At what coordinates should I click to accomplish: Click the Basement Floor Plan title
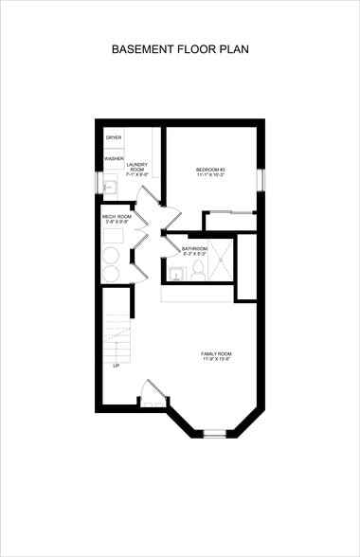point(180,48)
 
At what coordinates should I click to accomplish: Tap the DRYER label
point(114,138)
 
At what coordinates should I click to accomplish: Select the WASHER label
point(114,158)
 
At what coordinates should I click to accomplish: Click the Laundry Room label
point(137,170)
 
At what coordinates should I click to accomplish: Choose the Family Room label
point(216,358)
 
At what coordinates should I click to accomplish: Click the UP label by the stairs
point(117,365)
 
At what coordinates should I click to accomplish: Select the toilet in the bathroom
point(199,271)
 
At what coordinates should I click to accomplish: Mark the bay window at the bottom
point(215,433)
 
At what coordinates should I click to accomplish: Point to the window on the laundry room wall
point(98,182)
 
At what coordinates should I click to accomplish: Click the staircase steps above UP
point(116,332)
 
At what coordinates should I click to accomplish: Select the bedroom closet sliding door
point(230,213)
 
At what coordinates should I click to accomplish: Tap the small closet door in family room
point(153,392)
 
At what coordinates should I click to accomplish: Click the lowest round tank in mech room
point(111,274)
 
